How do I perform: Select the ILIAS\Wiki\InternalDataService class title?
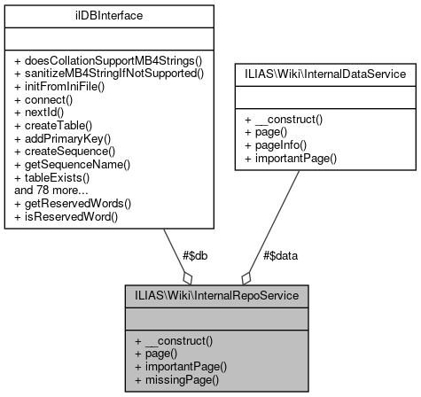(326, 73)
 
